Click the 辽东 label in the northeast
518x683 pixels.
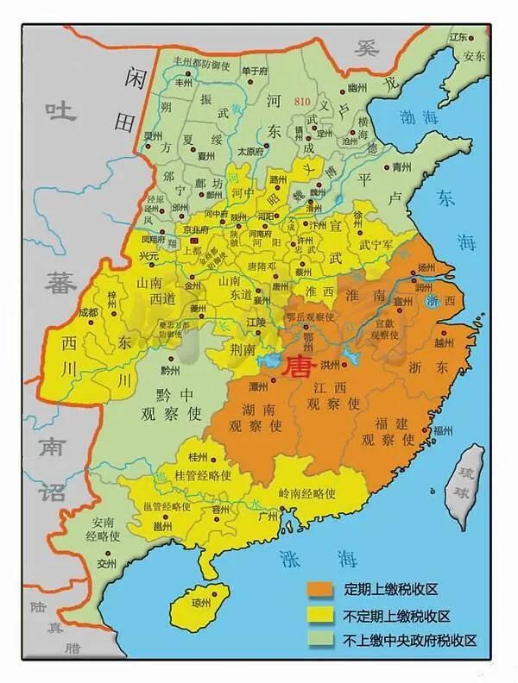(x=458, y=38)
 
